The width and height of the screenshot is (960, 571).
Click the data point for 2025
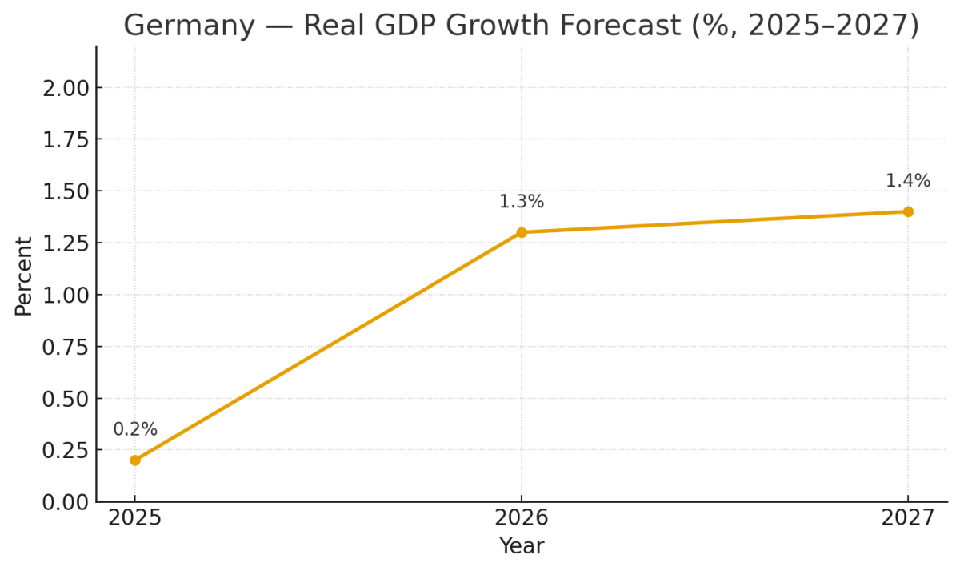pos(135,460)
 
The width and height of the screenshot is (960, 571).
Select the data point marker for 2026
pos(522,232)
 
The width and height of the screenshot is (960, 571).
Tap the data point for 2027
pos(908,211)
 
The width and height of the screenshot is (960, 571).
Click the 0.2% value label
pos(135,430)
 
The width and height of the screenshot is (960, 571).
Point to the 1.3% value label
pos(522,202)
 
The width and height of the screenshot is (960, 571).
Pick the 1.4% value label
pos(908,181)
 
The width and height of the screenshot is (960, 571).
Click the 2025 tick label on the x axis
pos(135,518)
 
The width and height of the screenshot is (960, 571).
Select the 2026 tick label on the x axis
pos(522,518)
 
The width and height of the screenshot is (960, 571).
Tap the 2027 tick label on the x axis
pos(908,518)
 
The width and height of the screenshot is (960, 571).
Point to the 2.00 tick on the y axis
pos(67,87)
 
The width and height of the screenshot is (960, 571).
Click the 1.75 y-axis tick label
pos(67,139)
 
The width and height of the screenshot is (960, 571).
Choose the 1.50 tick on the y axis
pos(67,191)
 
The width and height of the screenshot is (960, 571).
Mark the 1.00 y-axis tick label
pos(67,295)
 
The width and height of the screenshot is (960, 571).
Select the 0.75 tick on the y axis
pos(67,347)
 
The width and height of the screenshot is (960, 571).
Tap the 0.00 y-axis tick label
pos(67,502)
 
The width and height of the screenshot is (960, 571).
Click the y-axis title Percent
pos(24,275)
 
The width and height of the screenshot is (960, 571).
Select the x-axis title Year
pos(522,547)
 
